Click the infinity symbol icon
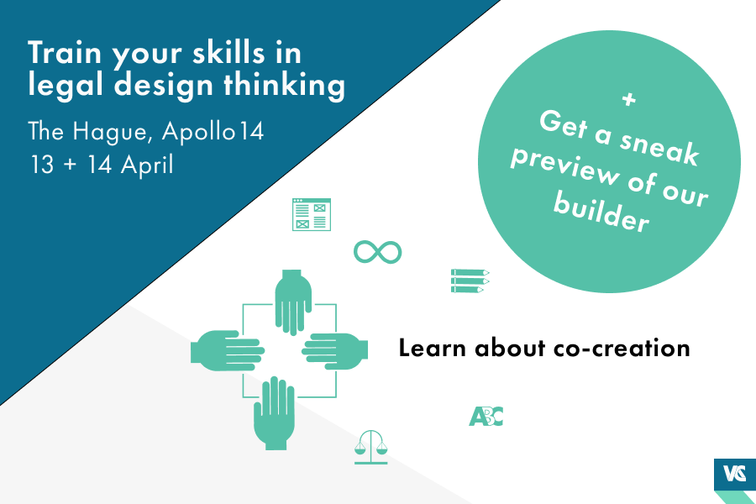click(377, 251)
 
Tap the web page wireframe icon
click(311, 214)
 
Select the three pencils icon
click(470, 281)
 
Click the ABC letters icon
click(486, 415)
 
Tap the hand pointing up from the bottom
click(274, 413)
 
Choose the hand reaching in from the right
click(336, 349)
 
